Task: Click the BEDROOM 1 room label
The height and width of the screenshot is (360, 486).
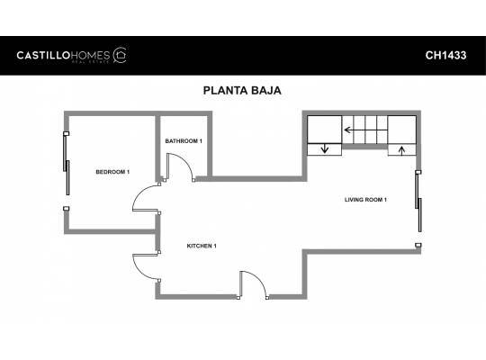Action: click(113, 172)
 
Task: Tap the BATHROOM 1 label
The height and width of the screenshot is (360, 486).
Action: click(184, 141)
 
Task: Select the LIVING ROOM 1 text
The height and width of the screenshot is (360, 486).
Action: click(365, 199)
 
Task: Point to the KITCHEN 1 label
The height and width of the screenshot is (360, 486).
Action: click(202, 247)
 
